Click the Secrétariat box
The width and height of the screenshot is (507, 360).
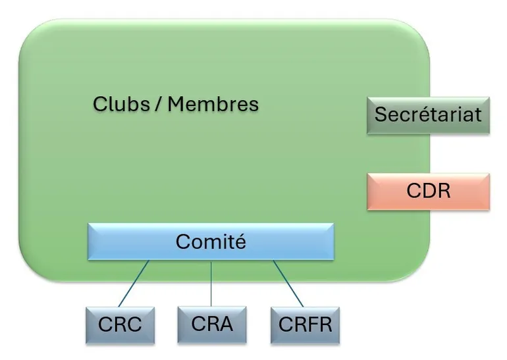(428, 115)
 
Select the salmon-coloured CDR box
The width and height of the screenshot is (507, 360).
(428, 192)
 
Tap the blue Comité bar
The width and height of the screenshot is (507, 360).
(211, 242)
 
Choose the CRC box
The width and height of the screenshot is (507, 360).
(119, 324)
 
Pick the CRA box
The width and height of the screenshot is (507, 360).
(211, 324)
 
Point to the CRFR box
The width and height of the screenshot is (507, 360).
(305, 324)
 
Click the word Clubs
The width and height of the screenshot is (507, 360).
(121, 104)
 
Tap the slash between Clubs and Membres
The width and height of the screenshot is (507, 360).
(158, 104)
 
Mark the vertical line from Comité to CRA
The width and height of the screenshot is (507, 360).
(211, 283)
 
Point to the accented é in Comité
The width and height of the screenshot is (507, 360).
(240, 242)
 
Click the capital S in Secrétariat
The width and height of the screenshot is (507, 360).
(380, 115)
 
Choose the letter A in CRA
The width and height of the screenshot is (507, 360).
(225, 324)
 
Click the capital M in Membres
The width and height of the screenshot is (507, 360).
(178, 104)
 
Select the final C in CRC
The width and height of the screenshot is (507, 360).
(134, 325)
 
